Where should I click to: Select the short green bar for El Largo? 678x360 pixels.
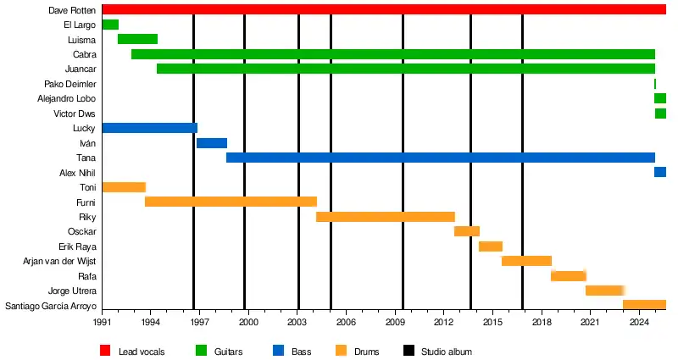coord(110,25)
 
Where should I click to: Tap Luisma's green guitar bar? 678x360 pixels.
coord(137,39)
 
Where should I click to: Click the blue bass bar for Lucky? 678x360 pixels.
coord(149,128)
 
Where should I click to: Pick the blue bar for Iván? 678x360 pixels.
coord(212,143)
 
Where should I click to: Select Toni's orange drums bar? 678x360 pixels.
coord(124,187)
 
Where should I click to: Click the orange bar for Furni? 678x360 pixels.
coord(231,202)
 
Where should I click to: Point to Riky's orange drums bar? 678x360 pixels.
coord(386,217)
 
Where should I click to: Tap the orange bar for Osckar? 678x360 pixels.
coord(467,231)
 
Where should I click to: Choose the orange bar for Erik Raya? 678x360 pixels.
coord(491,246)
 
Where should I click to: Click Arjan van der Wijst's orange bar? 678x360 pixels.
coord(526,261)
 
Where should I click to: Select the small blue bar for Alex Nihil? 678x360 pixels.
coord(660,173)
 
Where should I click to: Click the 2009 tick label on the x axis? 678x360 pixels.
coord(394,323)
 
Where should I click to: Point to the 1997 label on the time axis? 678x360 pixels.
coord(199,323)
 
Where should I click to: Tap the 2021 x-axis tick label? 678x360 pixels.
coord(589,323)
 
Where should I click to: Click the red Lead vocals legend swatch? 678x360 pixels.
coord(105,351)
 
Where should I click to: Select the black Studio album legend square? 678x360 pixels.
coord(408,351)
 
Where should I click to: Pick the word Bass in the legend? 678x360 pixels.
coord(301,352)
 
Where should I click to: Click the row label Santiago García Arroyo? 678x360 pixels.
coord(51,306)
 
